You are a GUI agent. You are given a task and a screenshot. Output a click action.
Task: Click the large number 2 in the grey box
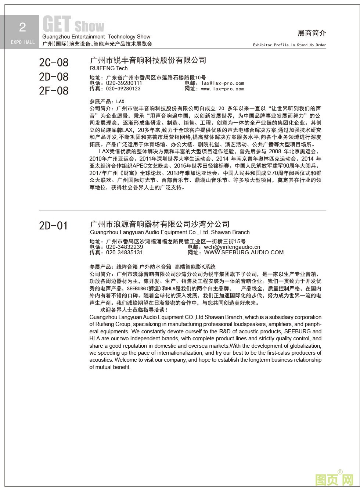point(22,27)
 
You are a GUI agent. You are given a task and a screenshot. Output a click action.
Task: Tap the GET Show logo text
point(73,25)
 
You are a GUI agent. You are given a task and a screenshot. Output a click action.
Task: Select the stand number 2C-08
point(54,62)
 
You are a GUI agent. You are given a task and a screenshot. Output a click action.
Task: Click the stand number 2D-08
point(54,76)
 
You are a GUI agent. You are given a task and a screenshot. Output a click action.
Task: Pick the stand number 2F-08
point(54,90)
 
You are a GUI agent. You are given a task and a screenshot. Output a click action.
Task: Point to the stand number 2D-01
point(53,225)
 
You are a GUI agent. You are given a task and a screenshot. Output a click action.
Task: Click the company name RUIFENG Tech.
point(109,68)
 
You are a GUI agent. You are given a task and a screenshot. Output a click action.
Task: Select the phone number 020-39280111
point(124,83)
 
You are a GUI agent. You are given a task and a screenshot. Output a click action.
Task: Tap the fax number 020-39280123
point(123,89)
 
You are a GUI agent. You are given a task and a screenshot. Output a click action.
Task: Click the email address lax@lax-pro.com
point(223,83)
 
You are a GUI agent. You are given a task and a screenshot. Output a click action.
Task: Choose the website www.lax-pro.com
point(222,89)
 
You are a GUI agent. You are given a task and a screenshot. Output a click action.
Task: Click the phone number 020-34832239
point(125,247)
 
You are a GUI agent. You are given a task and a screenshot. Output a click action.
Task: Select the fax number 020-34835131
point(125,252)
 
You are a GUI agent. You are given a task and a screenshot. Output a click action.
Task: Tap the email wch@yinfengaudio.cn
point(232,247)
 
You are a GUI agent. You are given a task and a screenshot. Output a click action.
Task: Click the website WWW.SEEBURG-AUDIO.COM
point(244,252)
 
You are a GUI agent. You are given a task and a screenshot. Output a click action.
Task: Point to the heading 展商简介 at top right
point(312,33)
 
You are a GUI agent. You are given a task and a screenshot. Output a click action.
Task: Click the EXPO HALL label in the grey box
point(23,42)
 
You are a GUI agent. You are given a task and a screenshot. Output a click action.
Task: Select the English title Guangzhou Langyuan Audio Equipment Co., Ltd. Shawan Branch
point(170,232)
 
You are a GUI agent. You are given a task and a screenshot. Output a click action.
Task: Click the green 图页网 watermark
point(334,479)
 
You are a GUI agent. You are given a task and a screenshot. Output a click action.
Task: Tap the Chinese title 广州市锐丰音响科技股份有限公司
point(148,60)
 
